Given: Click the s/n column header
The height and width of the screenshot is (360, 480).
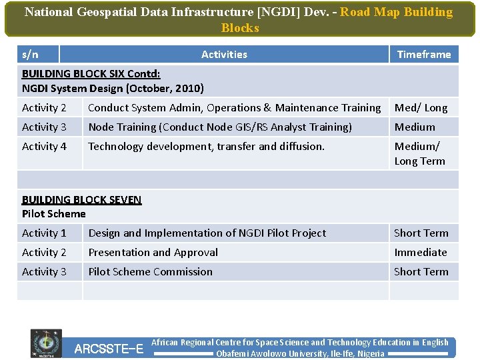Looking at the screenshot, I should (x=30, y=55).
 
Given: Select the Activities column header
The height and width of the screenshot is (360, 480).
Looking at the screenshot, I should (x=224, y=55).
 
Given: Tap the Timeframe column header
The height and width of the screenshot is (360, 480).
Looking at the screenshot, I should (x=424, y=55).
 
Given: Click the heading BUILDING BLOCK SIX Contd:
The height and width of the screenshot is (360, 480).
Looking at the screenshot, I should (x=91, y=74).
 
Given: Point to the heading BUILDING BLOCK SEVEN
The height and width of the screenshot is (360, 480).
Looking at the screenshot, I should (x=82, y=199).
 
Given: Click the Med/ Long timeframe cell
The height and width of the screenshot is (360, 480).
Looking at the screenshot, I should (x=421, y=108).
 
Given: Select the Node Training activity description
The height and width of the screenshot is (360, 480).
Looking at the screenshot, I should (x=220, y=127).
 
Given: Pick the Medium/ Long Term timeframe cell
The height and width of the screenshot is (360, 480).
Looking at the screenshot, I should (x=419, y=153).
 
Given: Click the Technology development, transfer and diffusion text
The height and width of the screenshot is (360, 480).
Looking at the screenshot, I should (x=207, y=147).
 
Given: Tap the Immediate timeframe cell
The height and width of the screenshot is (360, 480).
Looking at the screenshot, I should (x=421, y=253).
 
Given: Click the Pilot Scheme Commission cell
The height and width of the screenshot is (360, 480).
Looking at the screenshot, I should (x=151, y=272).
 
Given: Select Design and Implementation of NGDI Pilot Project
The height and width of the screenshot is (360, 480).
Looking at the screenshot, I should (x=207, y=233).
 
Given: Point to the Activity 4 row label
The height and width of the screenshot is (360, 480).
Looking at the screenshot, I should (x=45, y=147).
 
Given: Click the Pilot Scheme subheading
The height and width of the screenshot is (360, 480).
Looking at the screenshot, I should (x=54, y=214).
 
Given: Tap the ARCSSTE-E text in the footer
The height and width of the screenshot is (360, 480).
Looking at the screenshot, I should (x=109, y=349).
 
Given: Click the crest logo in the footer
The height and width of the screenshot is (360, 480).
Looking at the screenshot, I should (x=46, y=343).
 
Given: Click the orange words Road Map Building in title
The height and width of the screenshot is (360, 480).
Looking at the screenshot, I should (x=396, y=13).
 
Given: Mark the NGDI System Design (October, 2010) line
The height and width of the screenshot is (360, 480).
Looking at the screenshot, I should (x=113, y=88).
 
